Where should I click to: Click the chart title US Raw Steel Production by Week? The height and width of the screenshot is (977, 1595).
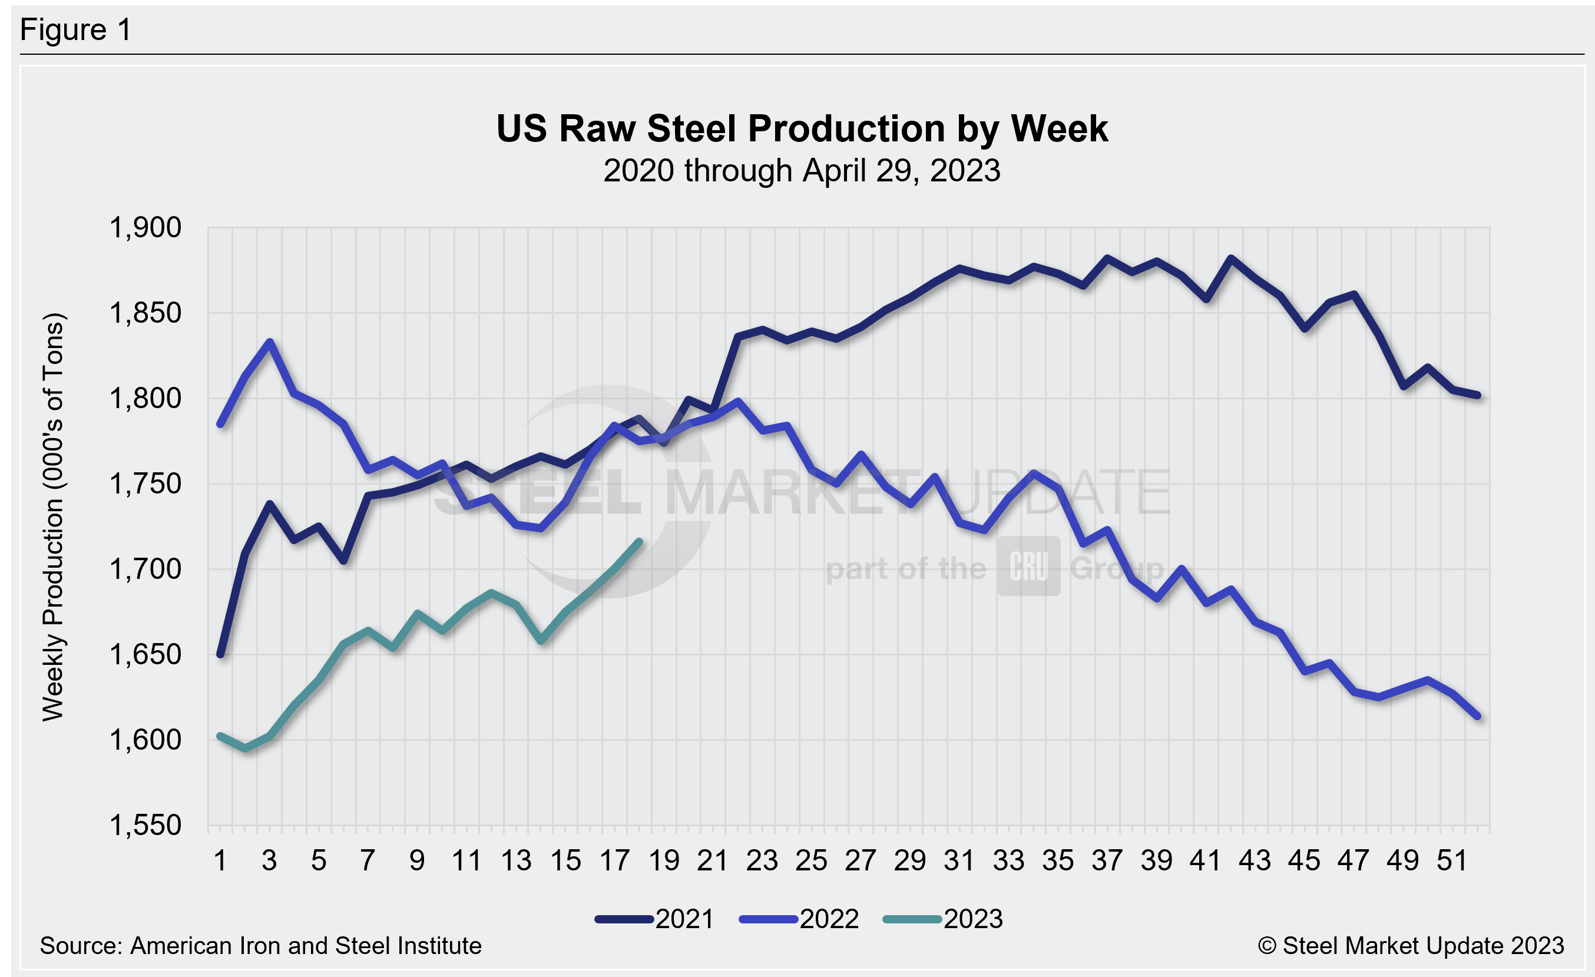tap(802, 128)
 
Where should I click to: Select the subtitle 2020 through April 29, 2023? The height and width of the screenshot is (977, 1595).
tap(802, 171)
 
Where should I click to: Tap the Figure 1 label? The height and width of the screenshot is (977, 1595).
tap(76, 30)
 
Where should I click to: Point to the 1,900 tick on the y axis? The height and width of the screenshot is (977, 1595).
tap(145, 228)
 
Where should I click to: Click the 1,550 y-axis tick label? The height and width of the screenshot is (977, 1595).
tap(145, 826)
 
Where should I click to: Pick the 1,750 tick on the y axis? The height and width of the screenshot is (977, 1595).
tap(145, 484)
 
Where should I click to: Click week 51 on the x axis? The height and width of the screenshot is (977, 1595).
tap(1452, 860)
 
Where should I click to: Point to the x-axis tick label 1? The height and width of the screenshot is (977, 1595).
tap(220, 860)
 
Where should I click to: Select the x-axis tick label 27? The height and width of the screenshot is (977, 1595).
tap(861, 860)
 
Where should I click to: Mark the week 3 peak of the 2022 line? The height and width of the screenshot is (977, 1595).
tap(270, 342)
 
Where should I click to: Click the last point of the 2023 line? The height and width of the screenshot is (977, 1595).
tap(640, 542)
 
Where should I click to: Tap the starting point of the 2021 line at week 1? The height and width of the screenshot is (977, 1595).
tap(221, 655)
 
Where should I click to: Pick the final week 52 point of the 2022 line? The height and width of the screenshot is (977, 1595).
tap(1477, 716)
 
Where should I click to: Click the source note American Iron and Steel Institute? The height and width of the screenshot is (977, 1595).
tap(260, 946)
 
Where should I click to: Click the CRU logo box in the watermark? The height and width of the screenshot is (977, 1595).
tap(1028, 566)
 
